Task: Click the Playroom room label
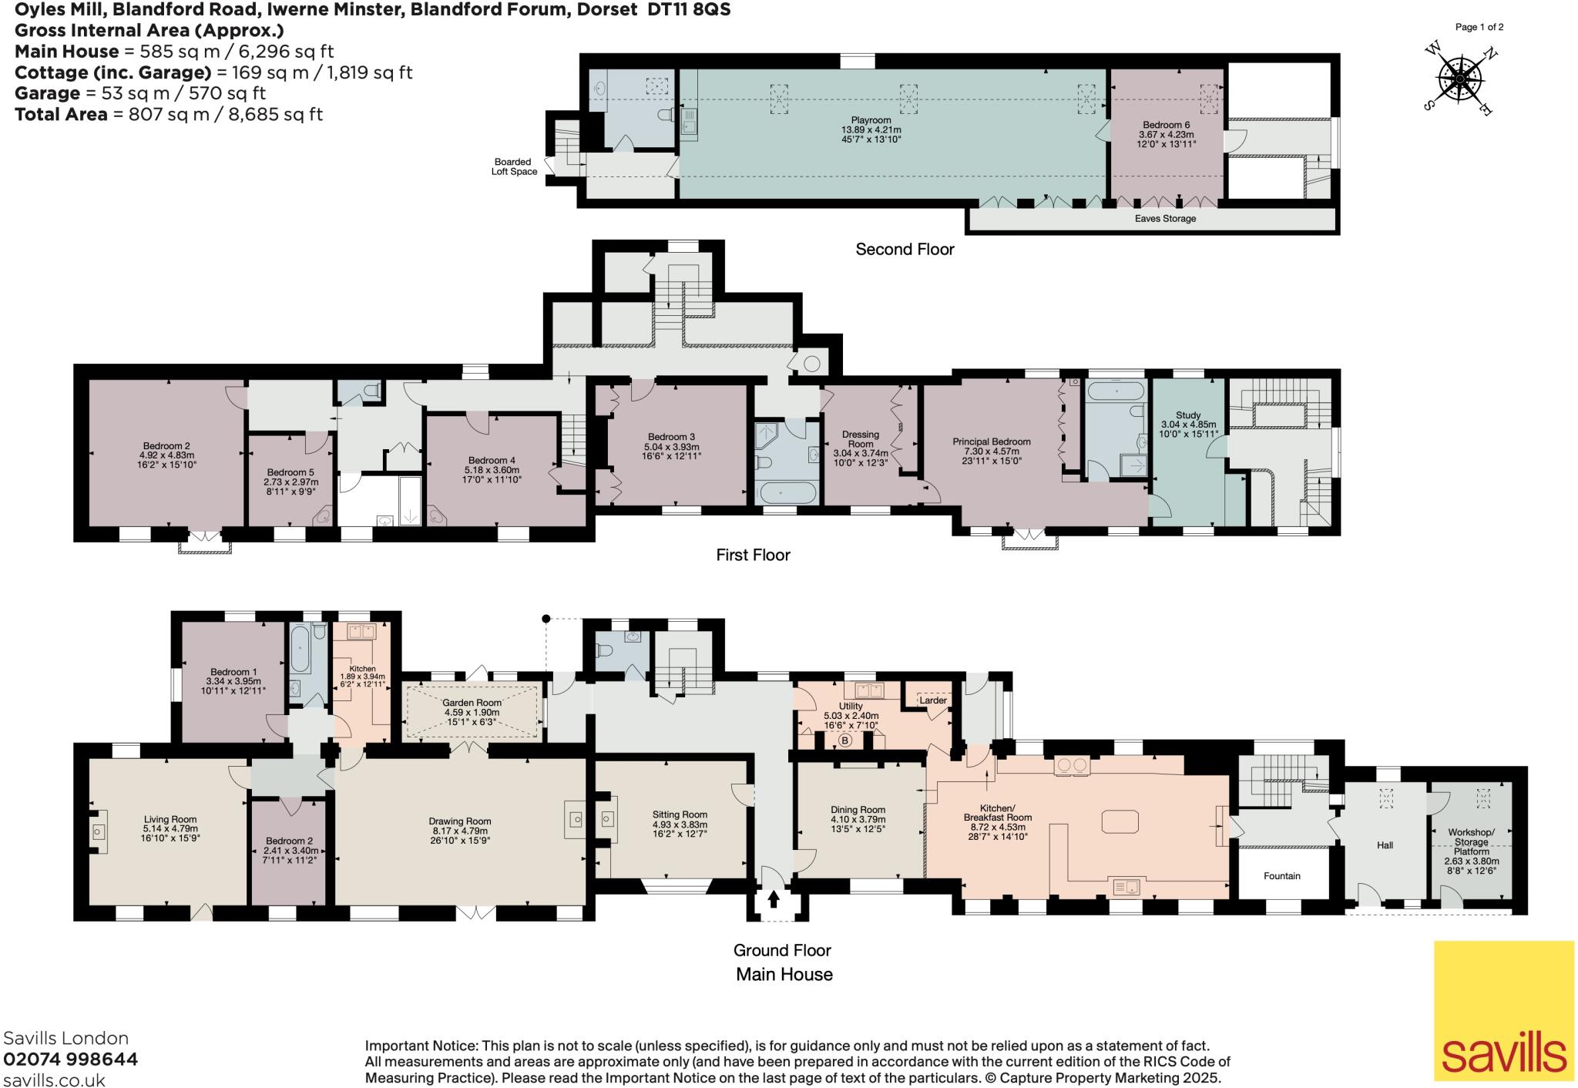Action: coord(871,120)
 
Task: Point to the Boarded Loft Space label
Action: coord(514,167)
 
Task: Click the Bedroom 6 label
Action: coord(1167,125)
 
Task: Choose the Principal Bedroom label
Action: coord(991,442)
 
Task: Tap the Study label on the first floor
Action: coord(1188,415)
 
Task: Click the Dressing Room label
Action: coord(861,439)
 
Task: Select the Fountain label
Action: coord(1282,876)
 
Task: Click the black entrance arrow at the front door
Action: coord(774,899)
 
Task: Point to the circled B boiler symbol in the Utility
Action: coord(844,741)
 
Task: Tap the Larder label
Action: coord(932,700)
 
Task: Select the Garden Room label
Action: coord(472,703)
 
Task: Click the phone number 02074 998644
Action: coord(71,1059)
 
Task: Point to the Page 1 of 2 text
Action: coord(1479,27)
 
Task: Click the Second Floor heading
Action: coord(905,250)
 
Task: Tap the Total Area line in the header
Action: coord(169,115)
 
